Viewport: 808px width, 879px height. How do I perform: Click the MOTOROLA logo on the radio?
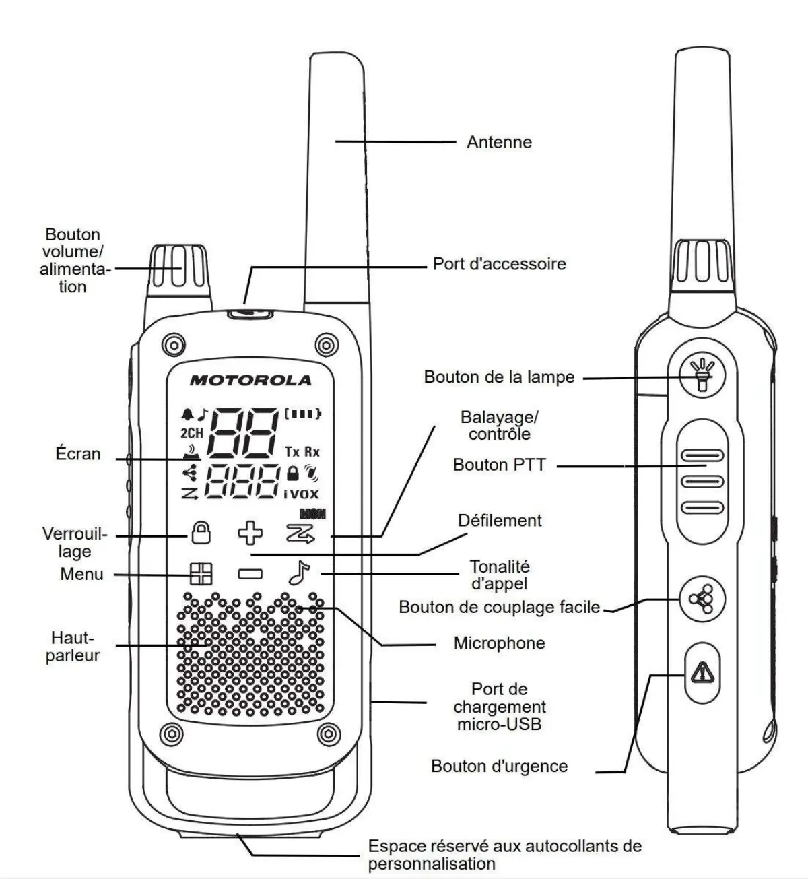coord(250,380)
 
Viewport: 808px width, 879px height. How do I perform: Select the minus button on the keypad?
coord(250,574)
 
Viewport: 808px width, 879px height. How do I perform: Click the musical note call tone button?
coord(297,573)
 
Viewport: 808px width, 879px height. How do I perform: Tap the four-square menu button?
coord(200,574)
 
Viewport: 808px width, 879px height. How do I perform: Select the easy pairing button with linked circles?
coord(702,598)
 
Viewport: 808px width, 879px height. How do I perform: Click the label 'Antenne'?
coord(499,142)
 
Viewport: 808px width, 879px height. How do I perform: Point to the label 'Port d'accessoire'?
coord(499,263)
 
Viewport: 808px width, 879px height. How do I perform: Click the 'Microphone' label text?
coord(499,643)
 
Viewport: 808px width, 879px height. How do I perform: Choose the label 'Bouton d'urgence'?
coord(499,766)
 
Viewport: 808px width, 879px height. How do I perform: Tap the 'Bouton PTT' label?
coord(499,465)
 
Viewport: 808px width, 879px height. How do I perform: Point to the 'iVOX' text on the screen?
coord(301,494)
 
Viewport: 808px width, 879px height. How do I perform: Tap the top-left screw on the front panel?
coord(174,345)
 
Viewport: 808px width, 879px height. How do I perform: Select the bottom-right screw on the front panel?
coord(329,733)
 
